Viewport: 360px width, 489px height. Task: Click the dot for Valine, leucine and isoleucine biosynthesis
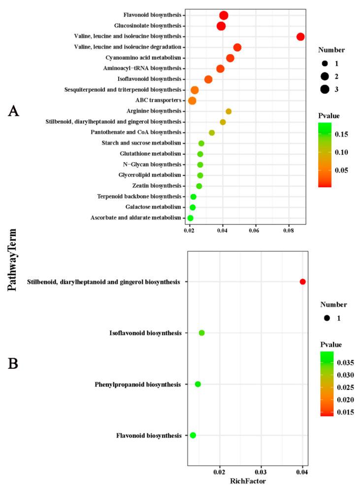click(300, 36)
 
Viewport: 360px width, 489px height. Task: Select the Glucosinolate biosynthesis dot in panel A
click(221, 26)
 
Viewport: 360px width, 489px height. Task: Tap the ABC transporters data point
click(192, 101)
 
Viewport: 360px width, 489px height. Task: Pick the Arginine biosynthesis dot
click(229, 111)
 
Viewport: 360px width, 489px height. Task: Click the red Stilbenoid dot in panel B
click(302, 281)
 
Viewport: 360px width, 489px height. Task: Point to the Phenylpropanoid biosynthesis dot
click(198, 384)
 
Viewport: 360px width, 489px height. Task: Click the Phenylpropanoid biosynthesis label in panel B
click(137, 384)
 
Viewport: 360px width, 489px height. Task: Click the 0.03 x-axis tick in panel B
click(261, 471)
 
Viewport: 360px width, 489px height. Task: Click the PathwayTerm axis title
click(13, 260)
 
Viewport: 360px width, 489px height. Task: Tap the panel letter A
click(13, 111)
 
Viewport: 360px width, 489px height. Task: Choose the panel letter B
click(13, 363)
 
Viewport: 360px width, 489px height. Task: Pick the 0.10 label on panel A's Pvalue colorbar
click(340, 152)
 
